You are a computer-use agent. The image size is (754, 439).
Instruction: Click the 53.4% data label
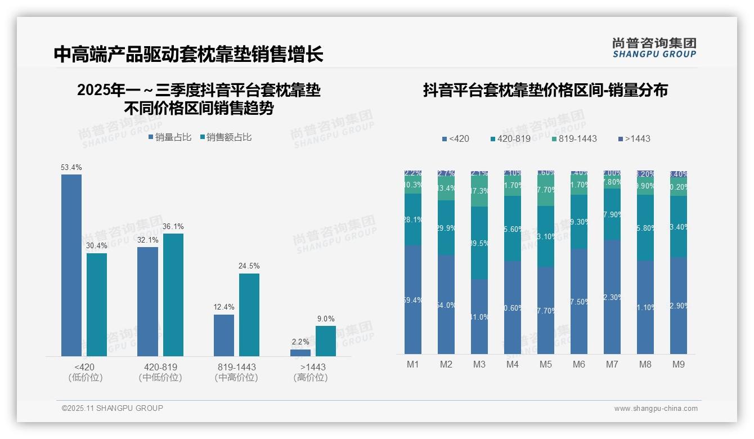click(71, 167)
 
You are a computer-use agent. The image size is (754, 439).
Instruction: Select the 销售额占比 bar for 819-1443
click(249, 315)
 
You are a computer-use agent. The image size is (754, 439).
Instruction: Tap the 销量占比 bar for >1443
click(300, 353)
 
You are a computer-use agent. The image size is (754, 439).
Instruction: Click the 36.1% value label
click(173, 226)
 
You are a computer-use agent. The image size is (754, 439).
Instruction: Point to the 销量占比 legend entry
click(170, 137)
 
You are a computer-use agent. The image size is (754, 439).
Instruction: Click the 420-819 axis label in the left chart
click(160, 367)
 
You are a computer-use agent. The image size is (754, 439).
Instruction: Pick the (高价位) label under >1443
click(310, 378)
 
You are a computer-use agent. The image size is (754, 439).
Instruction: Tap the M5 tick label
click(546, 364)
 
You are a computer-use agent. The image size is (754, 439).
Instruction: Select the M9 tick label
click(679, 364)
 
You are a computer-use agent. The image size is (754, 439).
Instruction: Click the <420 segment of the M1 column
click(413, 299)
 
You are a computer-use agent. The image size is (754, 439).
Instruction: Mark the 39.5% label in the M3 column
click(479, 243)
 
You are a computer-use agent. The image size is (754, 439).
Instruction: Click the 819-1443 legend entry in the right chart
click(574, 138)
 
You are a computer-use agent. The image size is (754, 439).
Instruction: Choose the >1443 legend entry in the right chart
click(634, 138)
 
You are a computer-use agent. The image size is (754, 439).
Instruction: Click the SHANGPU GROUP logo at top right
click(654, 48)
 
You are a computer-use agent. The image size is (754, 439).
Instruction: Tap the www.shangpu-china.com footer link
click(656, 409)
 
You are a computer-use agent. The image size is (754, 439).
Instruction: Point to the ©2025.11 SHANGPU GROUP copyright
click(112, 408)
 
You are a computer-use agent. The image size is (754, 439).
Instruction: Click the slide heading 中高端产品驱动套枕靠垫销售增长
click(188, 54)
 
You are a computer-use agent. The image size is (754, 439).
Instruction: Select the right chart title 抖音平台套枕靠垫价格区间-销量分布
click(545, 91)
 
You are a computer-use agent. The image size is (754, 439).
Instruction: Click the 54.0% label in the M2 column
click(446, 305)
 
